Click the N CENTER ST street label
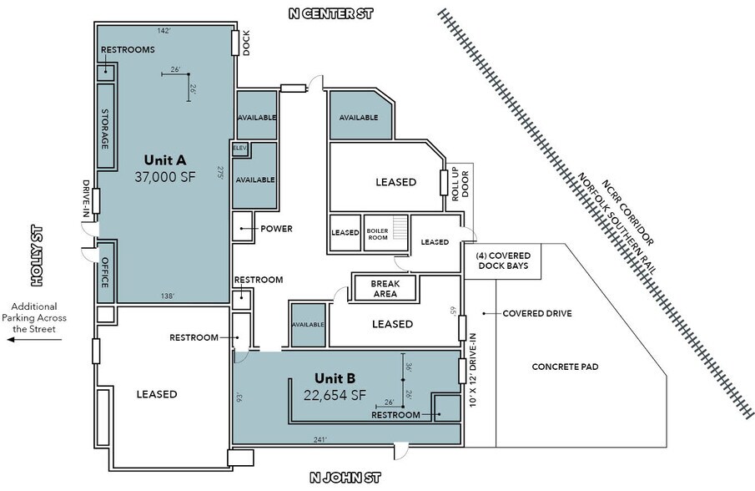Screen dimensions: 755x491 [x=331, y=13]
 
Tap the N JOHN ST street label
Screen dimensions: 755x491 [x=345, y=478]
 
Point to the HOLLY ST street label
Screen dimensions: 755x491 [x=37, y=256]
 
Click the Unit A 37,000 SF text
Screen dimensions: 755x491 [x=165, y=168]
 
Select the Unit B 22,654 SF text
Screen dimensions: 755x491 [x=335, y=387]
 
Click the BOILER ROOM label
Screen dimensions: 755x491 [x=377, y=234]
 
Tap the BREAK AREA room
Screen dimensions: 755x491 [x=385, y=288]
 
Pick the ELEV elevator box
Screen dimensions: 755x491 [x=239, y=149]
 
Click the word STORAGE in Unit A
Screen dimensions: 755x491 [x=105, y=129]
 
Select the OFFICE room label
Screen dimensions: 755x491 [x=105, y=272]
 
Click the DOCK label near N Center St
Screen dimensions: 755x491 [x=246, y=43]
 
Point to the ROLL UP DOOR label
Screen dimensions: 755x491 [x=460, y=184]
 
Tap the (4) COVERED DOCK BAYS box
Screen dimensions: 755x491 [x=503, y=261]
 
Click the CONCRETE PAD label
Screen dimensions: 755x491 [x=565, y=367]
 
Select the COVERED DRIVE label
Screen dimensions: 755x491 [x=537, y=313]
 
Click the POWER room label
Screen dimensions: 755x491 [x=276, y=229]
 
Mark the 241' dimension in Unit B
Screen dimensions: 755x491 [x=320, y=439]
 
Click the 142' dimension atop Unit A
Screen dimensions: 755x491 [x=164, y=31]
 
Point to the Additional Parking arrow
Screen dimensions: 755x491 [x=34, y=340]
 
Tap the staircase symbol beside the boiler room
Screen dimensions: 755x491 [x=400, y=227]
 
